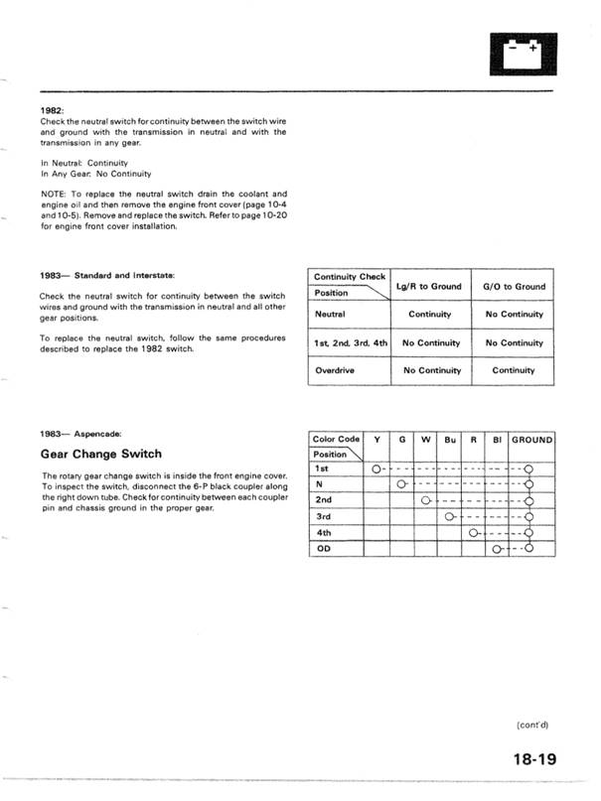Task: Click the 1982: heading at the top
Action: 53,111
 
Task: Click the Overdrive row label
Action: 336,370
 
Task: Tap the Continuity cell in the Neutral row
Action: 429,315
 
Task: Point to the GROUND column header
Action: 531,439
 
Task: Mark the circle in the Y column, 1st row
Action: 377,468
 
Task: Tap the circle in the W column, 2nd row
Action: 425,500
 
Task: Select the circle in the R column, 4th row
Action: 473,532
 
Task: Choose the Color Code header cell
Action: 336,439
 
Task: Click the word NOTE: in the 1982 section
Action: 55,194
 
